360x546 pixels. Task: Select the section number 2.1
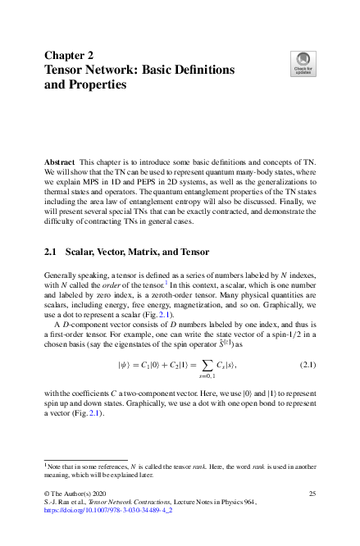pos(50,252)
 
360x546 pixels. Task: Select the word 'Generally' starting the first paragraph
pos(62,273)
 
